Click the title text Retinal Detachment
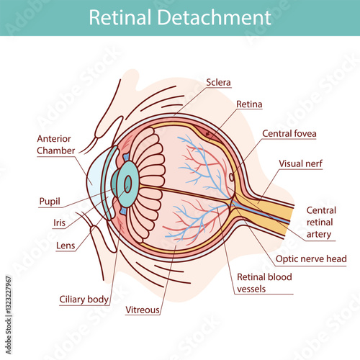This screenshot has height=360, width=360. click(x=180, y=17)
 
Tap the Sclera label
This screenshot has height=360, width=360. click(x=218, y=82)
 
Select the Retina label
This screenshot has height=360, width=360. click(x=249, y=104)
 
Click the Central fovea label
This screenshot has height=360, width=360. click(x=289, y=133)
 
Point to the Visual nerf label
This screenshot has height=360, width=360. click(x=301, y=163)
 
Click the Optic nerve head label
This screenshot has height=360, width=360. click(x=311, y=258)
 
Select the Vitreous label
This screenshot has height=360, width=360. click(x=143, y=310)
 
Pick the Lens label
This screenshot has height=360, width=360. click(x=66, y=246)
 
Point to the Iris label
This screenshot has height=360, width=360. click(x=59, y=223)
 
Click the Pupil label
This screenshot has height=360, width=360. click(x=50, y=201)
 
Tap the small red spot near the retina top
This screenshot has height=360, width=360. click(x=209, y=133)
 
